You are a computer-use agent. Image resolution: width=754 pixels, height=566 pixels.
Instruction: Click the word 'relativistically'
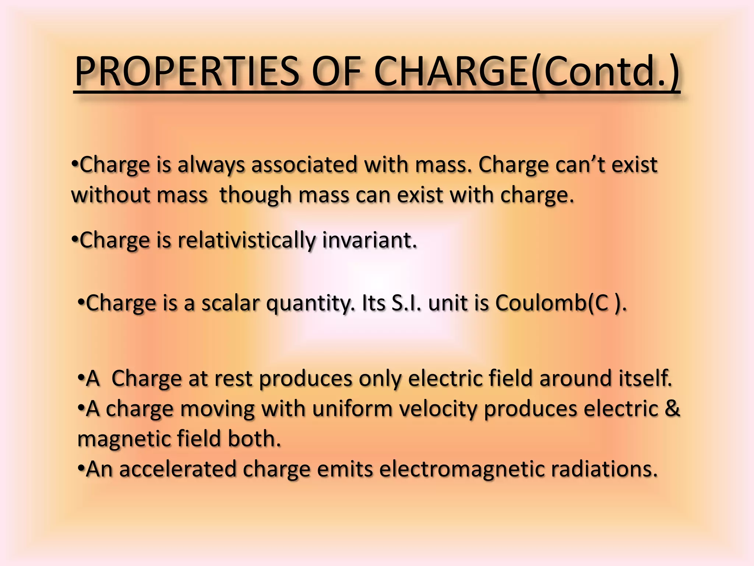tap(246, 240)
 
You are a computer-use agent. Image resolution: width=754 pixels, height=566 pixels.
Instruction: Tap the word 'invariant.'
tap(369, 240)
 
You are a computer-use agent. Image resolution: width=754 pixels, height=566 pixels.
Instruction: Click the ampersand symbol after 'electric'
tap(672, 409)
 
